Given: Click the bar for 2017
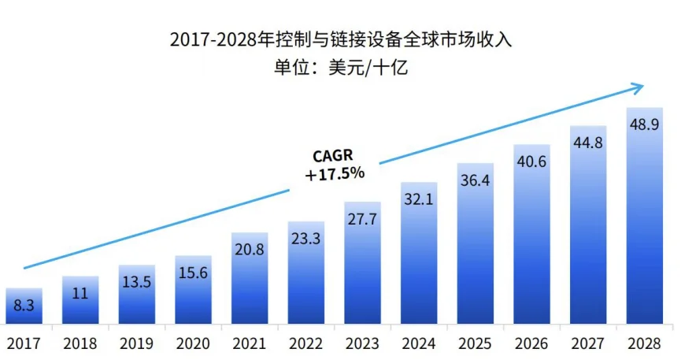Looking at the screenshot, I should tap(24, 306).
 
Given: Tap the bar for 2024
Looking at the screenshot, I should tap(419, 252).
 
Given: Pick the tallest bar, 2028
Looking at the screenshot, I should tap(645, 216).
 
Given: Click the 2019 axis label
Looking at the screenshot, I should tap(136, 343).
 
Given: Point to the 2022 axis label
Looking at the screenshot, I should tap(306, 343).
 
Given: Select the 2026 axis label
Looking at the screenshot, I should tap(531, 343).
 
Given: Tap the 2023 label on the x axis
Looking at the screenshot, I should tap(363, 343).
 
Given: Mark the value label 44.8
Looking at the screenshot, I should tap(588, 142).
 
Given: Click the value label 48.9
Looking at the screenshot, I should tap(645, 124).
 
